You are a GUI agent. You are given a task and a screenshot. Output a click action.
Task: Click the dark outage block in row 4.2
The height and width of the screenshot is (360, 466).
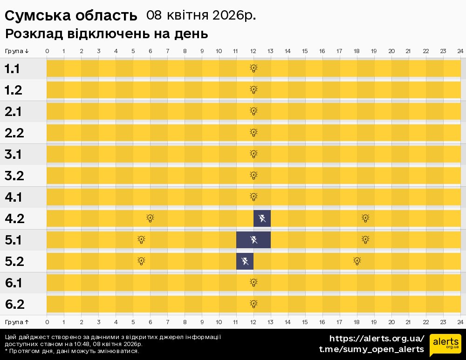pos(262,218)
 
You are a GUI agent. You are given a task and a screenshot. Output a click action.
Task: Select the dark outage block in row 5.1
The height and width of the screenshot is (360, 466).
pos(254,240)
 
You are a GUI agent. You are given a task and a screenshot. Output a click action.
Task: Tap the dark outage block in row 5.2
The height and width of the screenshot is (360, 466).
pos(245,261)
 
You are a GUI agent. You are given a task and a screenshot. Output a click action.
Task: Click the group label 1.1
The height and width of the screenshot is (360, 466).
pos(12,69)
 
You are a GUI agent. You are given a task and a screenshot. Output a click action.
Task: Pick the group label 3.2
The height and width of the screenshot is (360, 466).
pos(14,176)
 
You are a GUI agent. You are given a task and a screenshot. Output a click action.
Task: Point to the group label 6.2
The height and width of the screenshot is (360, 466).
pos(14,305)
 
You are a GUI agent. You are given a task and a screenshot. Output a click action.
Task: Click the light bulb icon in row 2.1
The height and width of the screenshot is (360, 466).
pos(254,111)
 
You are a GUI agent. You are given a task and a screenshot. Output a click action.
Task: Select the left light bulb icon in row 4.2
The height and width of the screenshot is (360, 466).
pos(150,218)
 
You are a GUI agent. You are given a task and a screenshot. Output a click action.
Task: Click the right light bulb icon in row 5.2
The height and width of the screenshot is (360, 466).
pos(357,261)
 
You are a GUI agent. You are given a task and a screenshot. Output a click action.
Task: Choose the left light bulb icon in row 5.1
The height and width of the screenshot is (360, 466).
pos(142,240)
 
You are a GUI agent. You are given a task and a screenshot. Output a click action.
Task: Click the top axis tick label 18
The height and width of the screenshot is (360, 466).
pos(356,51)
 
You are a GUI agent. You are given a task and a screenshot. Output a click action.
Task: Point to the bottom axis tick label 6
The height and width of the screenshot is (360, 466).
pos(150,322)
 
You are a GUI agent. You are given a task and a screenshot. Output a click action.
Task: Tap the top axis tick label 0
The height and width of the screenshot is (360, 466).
pos(47,51)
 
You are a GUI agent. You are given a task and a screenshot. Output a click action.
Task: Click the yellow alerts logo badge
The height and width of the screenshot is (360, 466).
pos(445,345)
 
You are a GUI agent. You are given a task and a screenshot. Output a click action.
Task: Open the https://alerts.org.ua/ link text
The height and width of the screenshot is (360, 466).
pos(377,339)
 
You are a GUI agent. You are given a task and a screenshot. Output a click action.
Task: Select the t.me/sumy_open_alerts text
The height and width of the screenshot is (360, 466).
pos(371,349)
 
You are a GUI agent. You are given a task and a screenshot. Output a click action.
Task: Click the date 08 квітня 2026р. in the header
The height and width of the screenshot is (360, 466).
pos(201,15)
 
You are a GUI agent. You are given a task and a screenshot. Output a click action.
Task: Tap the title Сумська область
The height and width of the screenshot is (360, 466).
pos(71,16)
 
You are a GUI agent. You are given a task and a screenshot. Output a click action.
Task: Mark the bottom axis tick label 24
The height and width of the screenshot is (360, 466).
pos(460,322)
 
